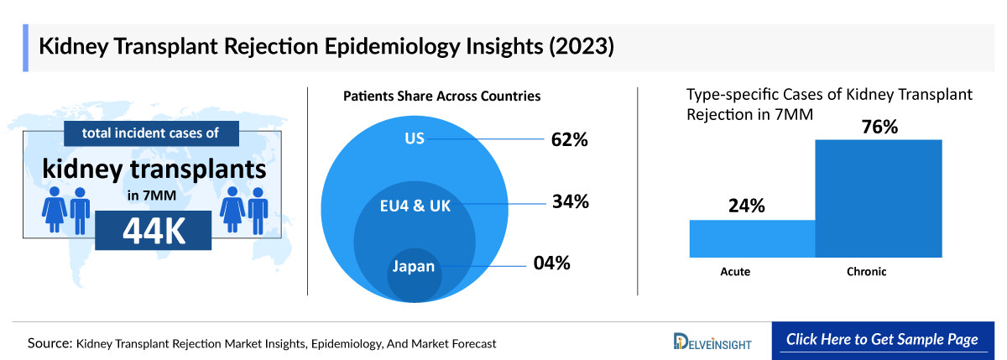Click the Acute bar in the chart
tap(752, 238)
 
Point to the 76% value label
tap(878, 127)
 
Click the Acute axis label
tap(735, 272)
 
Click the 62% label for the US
tap(569, 139)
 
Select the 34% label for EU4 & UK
tap(570, 201)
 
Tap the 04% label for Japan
tap(552, 263)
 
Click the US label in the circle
tap(415, 138)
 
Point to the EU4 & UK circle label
tap(414, 206)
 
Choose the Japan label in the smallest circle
tap(414, 268)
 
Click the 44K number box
tap(154, 231)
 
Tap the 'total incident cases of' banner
tap(152, 133)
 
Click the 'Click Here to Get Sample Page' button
tap(881, 340)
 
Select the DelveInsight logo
tap(712, 342)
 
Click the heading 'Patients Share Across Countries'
tap(441, 97)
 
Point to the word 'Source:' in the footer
tap(50, 343)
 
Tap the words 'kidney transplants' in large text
tap(154, 170)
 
